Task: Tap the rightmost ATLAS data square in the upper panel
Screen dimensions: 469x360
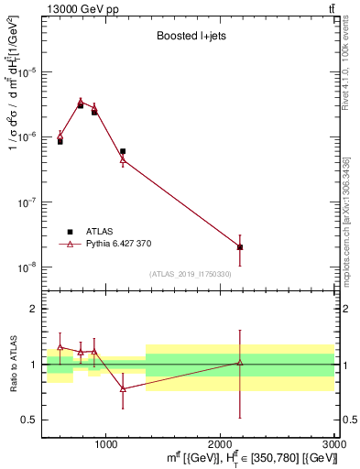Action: (240, 247)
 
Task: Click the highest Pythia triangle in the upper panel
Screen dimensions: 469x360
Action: (81, 102)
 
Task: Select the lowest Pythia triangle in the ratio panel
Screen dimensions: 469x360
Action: (123, 388)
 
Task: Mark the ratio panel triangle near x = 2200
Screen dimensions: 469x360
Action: (240, 363)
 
